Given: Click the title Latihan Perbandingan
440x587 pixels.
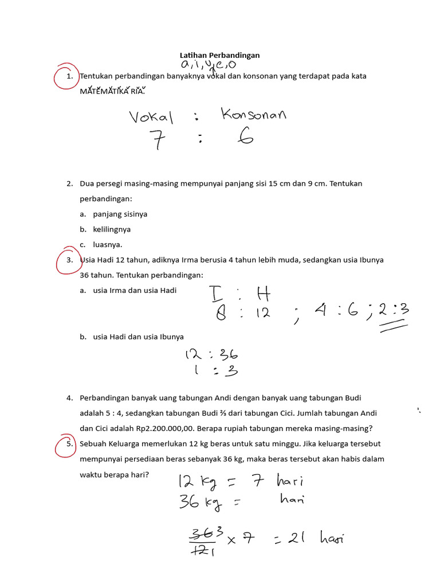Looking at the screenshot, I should pos(219,55).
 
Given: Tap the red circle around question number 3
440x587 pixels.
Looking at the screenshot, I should pos(68,261).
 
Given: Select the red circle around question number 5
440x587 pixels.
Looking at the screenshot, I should pos(68,446).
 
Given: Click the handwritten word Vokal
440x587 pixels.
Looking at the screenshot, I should pos(151,117).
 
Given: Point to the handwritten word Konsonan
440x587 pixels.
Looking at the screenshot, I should pos(253,115).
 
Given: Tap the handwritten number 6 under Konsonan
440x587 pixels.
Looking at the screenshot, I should pos(246,138).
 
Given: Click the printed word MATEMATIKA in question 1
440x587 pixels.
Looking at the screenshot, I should pos(104,91).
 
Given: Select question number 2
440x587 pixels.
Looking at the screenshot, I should pos(69,183).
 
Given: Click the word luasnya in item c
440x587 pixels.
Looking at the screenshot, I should pos(107,244).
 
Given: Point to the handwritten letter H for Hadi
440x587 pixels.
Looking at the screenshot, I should pos(263,295).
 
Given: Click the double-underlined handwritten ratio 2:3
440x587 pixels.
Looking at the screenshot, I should pos(393,312).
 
